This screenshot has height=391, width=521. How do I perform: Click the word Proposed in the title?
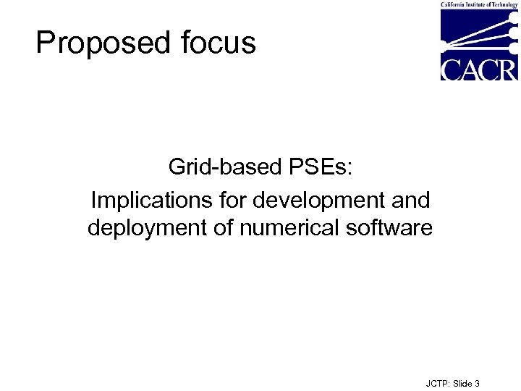pyautogui.click(x=98, y=43)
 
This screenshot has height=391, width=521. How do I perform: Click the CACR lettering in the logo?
pyautogui.click(x=479, y=69)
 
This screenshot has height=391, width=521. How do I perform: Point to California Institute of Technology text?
pyautogui.click(x=479, y=4)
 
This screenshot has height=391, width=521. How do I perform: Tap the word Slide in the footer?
pyautogui.click(x=462, y=383)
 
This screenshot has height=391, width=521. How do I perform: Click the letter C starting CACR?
pyautogui.click(x=450, y=69)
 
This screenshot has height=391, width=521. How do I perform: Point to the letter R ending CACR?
pyautogui.click(x=508, y=69)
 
